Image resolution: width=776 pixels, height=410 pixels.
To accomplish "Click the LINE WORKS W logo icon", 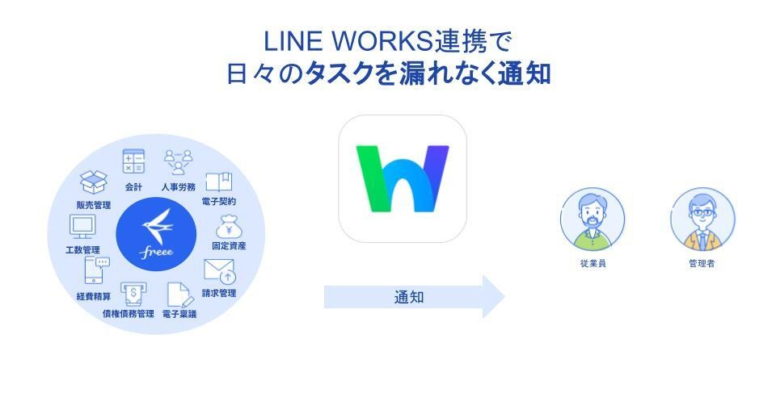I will pos(403,178).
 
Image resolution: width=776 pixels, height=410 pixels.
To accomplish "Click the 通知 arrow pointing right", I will pos(414,297).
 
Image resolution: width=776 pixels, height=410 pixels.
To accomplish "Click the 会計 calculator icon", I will pos(133,161).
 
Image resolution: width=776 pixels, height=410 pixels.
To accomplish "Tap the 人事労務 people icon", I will pos(178,161).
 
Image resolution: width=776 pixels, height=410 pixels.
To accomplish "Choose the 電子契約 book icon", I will pos(218,182).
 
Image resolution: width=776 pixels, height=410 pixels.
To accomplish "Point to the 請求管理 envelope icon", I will pos(219,270).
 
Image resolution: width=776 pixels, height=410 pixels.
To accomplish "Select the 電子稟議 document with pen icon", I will pos(179,295).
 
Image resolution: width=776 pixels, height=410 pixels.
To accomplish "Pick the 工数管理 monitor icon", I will pos(82,227).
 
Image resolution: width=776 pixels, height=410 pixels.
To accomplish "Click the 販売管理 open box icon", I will pos(94,182).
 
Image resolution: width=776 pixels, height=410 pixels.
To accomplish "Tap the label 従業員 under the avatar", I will pos(593,264).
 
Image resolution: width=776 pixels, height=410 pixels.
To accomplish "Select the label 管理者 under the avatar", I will pos(702,264).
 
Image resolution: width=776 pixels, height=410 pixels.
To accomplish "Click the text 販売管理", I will pos(94,204).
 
